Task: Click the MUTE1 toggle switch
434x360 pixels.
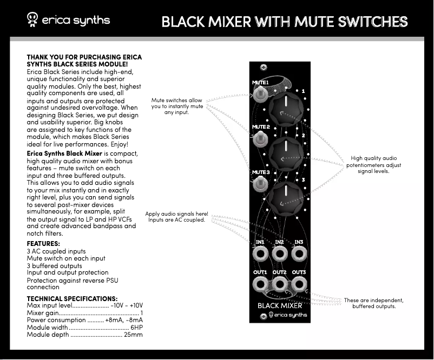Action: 261,96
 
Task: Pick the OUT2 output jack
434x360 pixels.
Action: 279,284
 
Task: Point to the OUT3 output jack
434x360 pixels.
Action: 298,284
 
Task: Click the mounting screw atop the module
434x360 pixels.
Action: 264,67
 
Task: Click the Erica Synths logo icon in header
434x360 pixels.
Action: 32,21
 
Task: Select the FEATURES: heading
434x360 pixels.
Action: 44,244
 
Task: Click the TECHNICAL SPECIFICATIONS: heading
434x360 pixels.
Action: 72,298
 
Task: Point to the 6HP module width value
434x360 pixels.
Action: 136,328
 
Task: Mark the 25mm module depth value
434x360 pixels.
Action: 133,335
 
